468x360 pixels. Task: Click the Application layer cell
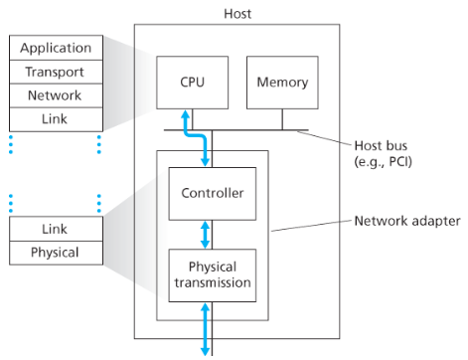(55, 48)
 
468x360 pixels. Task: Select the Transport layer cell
(55, 72)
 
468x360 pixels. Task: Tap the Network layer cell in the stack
(55, 95)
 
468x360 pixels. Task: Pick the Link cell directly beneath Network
(55, 119)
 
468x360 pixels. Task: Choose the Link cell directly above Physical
(55, 229)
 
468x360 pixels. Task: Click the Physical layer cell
(55, 253)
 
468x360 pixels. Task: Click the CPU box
(195, 83)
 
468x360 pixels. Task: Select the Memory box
(282, 83)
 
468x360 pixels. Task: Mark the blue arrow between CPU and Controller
(206, 144)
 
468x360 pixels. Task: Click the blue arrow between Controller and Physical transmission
(206, 234)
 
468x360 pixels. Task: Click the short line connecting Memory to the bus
(282, 119)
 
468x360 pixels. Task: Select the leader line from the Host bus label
(328, 138)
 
